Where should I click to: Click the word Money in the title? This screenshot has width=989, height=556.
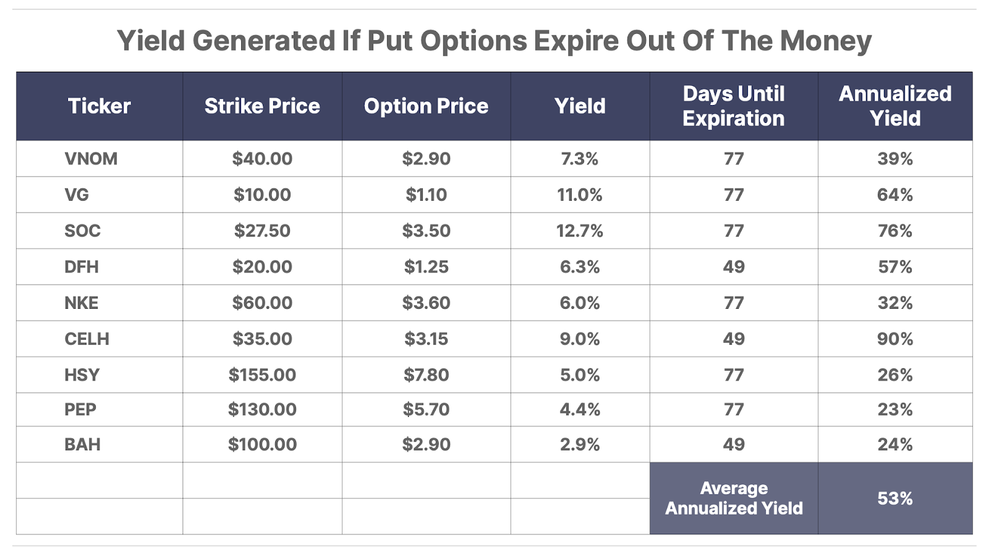point(825,41)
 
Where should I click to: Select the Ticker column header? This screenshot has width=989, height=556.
point(99,106)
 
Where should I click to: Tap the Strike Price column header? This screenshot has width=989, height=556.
point(262,106)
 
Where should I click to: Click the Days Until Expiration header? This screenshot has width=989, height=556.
point(734,106)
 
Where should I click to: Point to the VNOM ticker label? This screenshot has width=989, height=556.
point(91,159)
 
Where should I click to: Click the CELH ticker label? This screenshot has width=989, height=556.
point(87,339)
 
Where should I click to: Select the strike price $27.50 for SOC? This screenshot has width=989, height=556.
point(262,231)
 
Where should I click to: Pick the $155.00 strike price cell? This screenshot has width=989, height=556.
point(262,375)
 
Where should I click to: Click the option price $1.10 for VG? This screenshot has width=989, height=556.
point(426,195)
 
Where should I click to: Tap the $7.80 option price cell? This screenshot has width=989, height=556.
point(426,375)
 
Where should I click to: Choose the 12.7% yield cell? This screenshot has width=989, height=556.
point(580,231)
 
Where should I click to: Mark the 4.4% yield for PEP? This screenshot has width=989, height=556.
point(580,410)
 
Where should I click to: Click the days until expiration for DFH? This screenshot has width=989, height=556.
point(734,267)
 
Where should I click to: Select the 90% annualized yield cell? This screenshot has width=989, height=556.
point(895,339)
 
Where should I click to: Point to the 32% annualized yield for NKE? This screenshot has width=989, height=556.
point(895,303)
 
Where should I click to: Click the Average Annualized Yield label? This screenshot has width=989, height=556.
point(734,499)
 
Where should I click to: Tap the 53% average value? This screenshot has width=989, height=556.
point(895,499)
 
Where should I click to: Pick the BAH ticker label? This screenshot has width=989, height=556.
point(82,445)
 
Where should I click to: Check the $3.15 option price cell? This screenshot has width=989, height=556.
point(426,339)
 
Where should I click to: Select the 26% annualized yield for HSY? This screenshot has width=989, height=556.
point(895,375)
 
